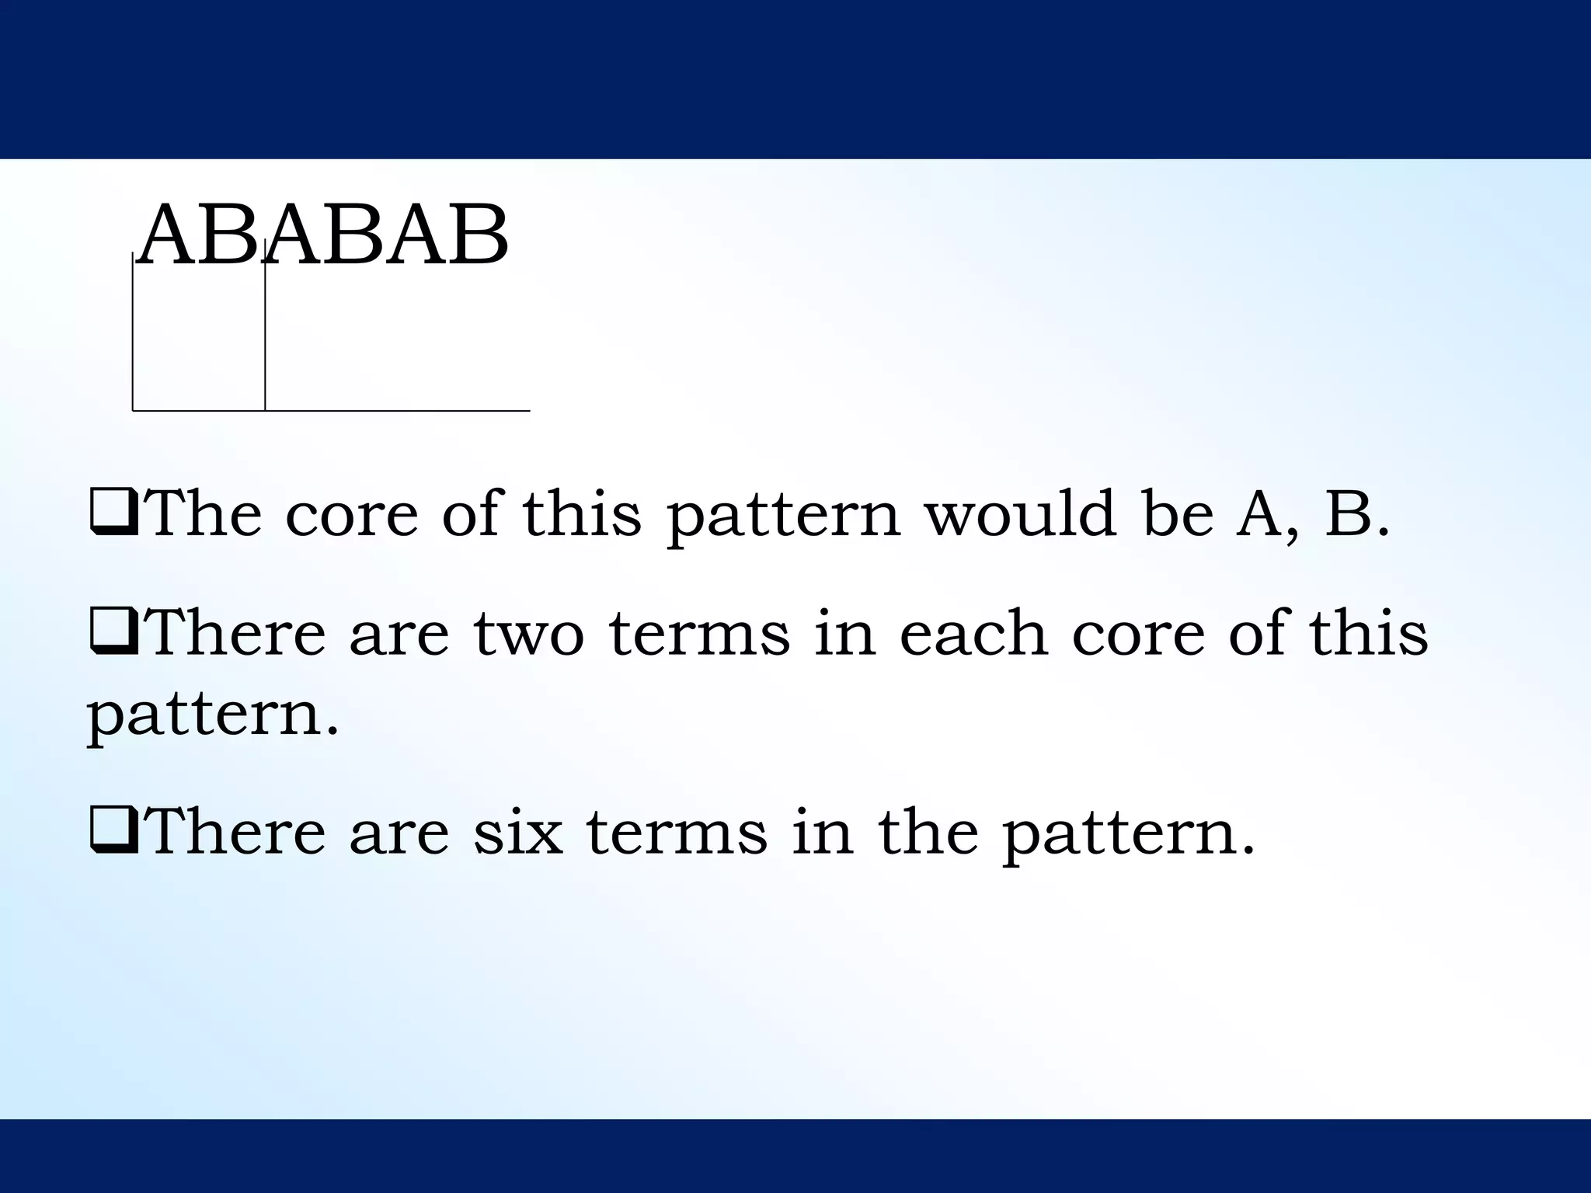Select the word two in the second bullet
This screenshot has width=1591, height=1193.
(x=528, y=633)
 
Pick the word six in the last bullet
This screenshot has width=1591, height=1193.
(x=517, y=831)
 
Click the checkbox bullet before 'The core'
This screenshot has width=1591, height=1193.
(x=114, y=516)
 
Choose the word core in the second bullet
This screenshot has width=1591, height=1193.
(x=1138, y=634)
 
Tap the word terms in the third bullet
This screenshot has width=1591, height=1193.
(x=676, y=832)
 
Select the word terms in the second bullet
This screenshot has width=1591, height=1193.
(x=699, y=634)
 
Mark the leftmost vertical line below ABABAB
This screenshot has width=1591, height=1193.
(x=133, y=334)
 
